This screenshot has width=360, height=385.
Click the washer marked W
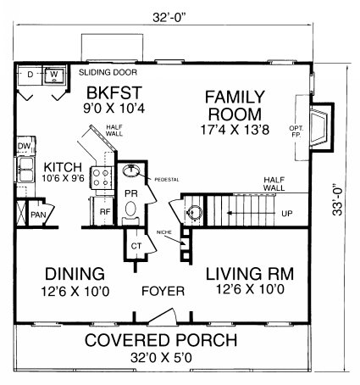(54, 75)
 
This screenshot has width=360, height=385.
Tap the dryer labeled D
(30, 75)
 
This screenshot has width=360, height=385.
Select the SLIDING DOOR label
(108, 73)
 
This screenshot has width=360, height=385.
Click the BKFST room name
(114, 92)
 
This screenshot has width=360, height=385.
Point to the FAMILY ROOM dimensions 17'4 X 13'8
(235, 130)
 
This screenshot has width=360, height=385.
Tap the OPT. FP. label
(296, 131)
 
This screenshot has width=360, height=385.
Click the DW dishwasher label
(24, 146)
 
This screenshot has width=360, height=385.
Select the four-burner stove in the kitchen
(102, 178)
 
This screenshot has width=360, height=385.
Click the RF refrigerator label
(105, 212)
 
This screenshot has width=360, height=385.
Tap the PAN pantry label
(38, 215)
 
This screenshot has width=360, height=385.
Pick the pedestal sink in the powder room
(131, 170)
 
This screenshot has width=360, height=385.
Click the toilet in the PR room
(130, 211)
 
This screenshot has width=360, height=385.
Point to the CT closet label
(136, 246)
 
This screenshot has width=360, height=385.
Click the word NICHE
(164, 232)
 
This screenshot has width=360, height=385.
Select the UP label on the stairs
(287, 214)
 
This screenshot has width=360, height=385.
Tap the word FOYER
(163, 291)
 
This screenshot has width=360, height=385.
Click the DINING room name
(75, 274)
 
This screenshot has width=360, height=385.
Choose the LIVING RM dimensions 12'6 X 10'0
(250, 289)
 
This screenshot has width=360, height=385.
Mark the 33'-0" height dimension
(337, 199)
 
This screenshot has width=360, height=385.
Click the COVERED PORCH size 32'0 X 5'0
(161, 358)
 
